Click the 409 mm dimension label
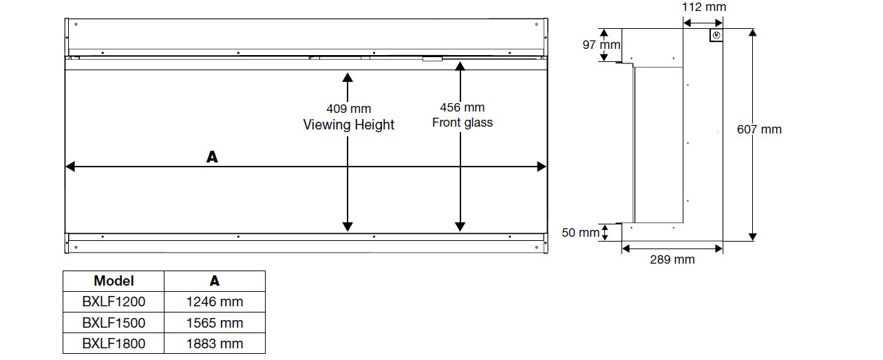coord(348,109)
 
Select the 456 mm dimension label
coord(462,107)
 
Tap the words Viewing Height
coord(349,125)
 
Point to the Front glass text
coord(462,123)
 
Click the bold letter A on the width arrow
coord(212,157)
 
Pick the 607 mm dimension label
coord(759,129)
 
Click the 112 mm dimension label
coord(704,8)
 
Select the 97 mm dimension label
coord(601,45)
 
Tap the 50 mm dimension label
coord(580,233)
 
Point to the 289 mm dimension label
coord(672,260)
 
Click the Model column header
coord(114,281)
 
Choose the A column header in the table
coord(215,281)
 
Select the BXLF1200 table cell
coord(114,301)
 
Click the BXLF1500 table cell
coord(114,323)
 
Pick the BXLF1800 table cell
coord(114,343)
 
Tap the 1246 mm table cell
coord(215,301)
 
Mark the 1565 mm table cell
coord(215,323)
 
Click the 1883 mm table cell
coord(215,343)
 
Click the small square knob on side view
coord(716,36)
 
